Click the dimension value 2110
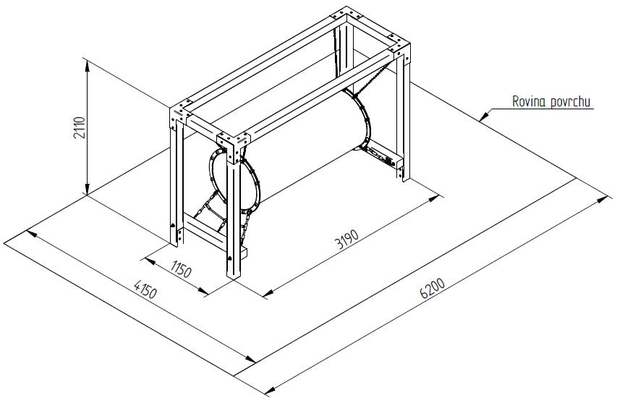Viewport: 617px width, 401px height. point(79,127)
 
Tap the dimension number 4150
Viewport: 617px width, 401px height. point(145,289)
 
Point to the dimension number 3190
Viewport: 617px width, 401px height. point(347,239)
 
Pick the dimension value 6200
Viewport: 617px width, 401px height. point(432,289)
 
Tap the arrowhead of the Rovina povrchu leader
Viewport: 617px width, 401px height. point(484,117)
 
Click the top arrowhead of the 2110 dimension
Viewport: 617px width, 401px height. point(88,66)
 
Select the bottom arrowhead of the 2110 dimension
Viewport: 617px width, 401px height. point(88,189)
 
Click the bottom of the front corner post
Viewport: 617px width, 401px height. point(234,277)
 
